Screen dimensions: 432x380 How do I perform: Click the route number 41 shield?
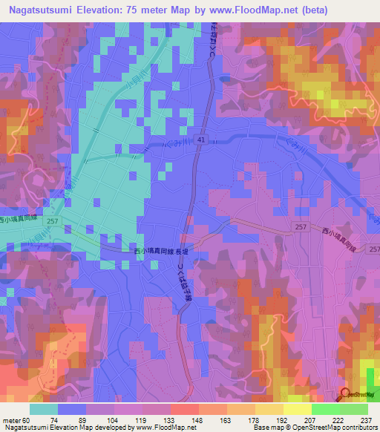[x=201, y=139]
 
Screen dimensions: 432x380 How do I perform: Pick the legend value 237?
[x=367, y=419]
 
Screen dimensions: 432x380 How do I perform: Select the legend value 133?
[x=171, y=419]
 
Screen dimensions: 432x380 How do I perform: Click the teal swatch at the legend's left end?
[x=44, y=409]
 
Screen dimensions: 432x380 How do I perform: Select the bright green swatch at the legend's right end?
[x=353, y=409]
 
